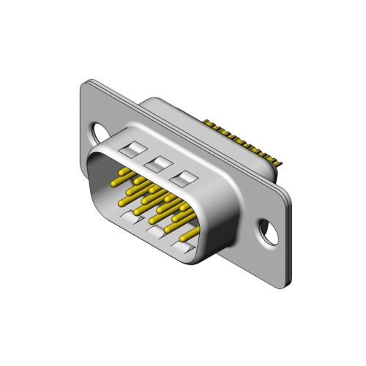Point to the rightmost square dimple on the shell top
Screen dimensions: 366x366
tap(183, 178)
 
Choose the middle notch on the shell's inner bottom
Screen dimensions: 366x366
tap(158, 231)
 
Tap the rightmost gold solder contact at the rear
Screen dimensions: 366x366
tap(279, 163)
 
